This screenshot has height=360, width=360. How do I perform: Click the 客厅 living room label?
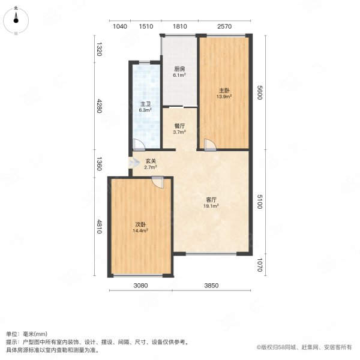coord(211,200)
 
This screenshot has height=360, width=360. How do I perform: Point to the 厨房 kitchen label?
coord(179,69)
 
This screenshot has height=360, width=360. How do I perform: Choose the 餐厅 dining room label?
coord(179,126)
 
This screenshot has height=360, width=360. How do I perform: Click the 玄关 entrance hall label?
coord(151,161)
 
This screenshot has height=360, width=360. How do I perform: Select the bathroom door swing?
coord(138,145)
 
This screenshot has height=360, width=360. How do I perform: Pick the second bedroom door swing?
coord(157,184)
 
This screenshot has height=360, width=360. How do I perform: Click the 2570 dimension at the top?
coord(224,26)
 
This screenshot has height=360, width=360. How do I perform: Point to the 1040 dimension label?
coord(120,26)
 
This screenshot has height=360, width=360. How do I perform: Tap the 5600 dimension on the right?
coord(260,93)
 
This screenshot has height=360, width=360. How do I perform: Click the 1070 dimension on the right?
coord(260,265)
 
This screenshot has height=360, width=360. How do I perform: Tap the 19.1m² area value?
coord(211,206)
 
